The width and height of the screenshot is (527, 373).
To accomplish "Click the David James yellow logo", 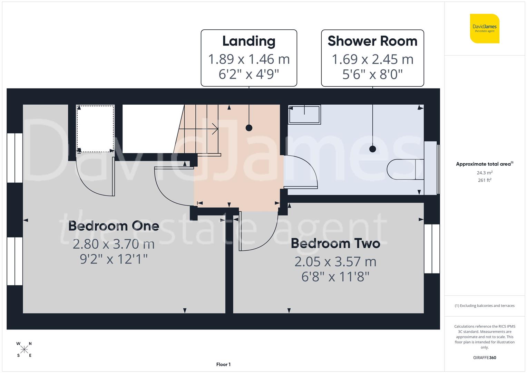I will (485, 28).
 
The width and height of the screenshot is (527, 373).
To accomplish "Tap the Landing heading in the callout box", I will (249, 41).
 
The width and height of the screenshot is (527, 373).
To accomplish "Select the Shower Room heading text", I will (372, 41).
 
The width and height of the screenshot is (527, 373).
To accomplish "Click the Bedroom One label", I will (114, 226).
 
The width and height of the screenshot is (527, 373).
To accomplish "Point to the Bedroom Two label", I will (335, 243).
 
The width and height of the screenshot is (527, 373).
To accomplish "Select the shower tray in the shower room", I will (304, 114).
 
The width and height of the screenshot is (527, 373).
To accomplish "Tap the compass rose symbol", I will (24, 350).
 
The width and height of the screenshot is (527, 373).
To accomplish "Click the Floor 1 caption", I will (223, 364).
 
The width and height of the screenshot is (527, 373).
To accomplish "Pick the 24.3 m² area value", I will (485, 173).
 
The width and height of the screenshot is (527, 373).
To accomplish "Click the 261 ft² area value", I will (485, 180).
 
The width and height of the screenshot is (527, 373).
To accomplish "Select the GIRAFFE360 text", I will (485, 357).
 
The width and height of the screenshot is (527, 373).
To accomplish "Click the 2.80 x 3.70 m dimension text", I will (114, 244).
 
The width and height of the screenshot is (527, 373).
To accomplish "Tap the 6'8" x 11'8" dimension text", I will (335, 277).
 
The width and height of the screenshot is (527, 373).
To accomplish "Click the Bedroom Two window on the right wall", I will (432, 249).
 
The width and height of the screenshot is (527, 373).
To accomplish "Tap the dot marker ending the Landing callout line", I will (249, 128).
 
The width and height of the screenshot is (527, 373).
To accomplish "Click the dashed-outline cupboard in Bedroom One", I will (95, 128).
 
